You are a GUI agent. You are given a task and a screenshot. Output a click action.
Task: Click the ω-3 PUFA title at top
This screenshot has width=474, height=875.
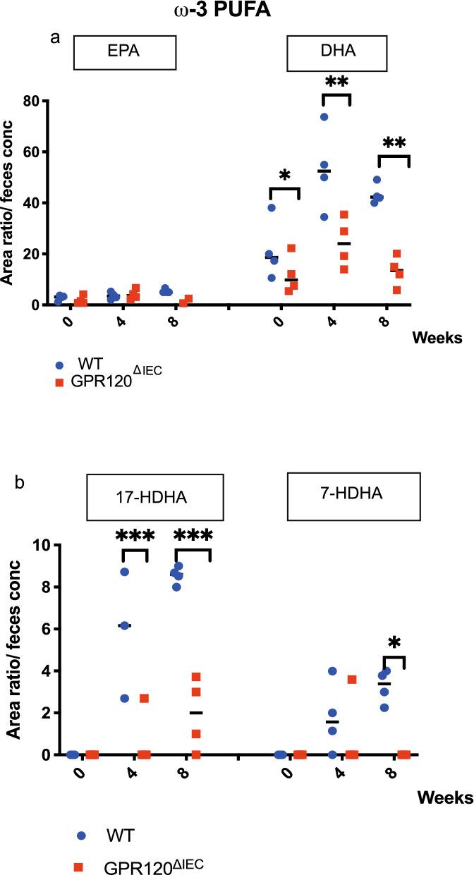(x=237, y=12)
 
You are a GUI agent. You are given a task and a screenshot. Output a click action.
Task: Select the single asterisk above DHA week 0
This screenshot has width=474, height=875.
(x=285, y=176)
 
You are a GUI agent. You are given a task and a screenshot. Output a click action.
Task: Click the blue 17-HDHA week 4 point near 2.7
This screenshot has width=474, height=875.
(x=125, y=698)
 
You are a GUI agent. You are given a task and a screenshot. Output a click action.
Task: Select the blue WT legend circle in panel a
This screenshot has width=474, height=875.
(x=60, y=365)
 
